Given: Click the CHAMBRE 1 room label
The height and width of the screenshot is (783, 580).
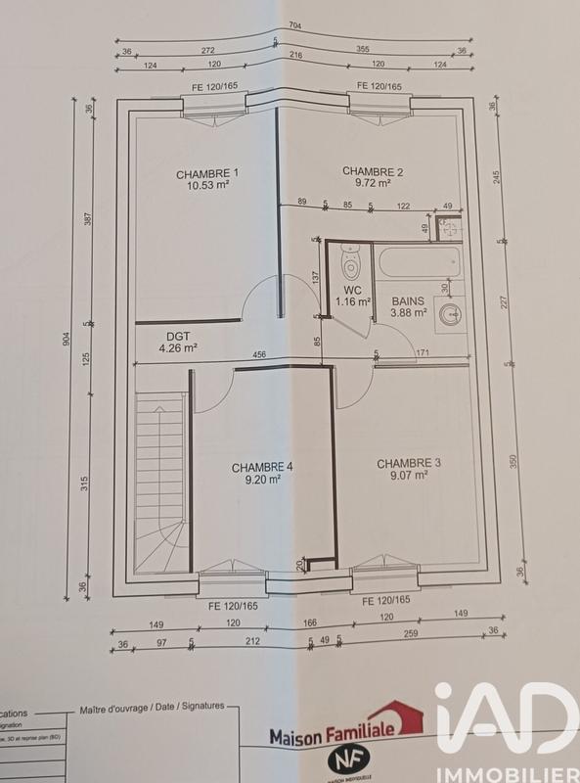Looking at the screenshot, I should coord(207,174).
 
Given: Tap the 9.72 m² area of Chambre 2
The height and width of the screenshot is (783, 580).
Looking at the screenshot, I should coord(373,183).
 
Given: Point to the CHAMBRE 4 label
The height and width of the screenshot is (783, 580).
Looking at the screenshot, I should coord(261,466).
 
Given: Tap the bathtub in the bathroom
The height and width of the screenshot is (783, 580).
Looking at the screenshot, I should coord(421,262).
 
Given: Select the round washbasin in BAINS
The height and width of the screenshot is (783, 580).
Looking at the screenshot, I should coord(450,314).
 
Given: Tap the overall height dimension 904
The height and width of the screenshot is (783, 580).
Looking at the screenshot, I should coord(67,340).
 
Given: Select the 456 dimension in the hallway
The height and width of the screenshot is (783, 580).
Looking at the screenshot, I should coord(260,354).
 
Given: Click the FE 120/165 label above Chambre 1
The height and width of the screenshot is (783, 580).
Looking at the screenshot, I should coord(213,87).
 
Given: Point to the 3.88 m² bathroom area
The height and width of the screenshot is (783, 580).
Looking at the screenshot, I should coord(409,313).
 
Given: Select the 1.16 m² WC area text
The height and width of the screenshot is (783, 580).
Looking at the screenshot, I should coord(352,302).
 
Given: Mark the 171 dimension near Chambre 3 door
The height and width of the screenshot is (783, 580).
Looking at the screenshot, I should coord(423,352).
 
